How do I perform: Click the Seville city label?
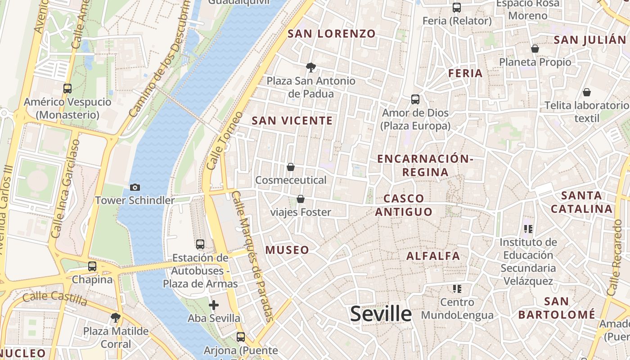381,314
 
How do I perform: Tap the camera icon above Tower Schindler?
135,187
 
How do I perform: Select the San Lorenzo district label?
331,34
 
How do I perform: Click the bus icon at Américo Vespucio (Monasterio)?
67,89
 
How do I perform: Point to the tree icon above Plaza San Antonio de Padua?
310,68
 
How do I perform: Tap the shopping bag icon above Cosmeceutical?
291,167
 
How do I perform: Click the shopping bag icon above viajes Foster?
301,199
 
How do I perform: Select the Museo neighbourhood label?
287,250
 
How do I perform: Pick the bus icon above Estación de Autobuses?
200,244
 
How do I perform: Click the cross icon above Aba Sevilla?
214,306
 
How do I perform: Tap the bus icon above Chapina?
92,266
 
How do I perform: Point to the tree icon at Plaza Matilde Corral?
116,318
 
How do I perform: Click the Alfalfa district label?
433,256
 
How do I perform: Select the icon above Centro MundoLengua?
457,288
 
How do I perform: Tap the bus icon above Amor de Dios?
415,99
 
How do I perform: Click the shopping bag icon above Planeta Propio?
535,49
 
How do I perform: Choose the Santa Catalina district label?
581,202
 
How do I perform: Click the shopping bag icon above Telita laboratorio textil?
587,93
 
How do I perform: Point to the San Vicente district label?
292,121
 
